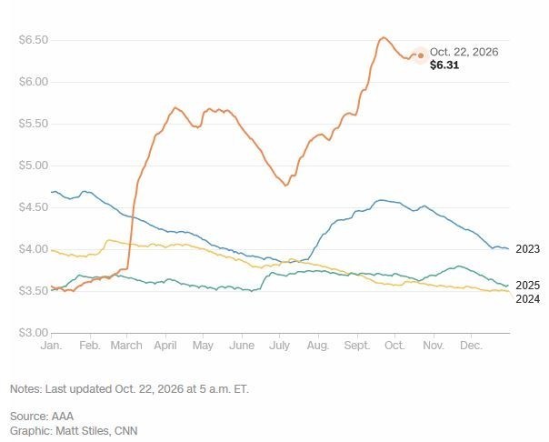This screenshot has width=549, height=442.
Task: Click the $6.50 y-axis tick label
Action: (x=34, y=40)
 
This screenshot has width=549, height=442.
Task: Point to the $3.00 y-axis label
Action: (x=34, y=332)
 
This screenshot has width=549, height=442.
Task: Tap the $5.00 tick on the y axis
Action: (x=34, y=166)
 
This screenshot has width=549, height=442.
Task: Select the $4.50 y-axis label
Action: (x=34, y=207)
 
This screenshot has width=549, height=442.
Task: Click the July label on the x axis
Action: (x=279, y=346)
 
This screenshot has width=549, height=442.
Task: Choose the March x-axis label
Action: (x=126, y=346)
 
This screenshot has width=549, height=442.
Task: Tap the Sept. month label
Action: (x=357, y=346)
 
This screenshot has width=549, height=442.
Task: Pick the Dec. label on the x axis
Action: (x=471, y=346)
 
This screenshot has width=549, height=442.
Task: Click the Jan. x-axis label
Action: (x=51, y=346)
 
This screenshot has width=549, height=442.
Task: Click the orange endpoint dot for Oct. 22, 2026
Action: (x=421, y=55)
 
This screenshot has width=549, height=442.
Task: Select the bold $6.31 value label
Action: (x=444, y=65)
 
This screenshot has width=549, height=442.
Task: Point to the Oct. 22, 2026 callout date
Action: (x=464, y=52)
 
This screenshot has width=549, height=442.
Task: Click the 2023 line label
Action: (x=528, y=249)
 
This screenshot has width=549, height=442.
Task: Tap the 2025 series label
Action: (x=528, y=286)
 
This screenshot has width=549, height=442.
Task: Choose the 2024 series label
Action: (x=528, y=299)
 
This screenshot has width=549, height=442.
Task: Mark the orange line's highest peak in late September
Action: (x=383, y=37)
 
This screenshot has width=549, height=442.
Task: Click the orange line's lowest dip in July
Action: (x=285, y=186)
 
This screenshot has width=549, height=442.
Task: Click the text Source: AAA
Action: (x=42, y=417)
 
